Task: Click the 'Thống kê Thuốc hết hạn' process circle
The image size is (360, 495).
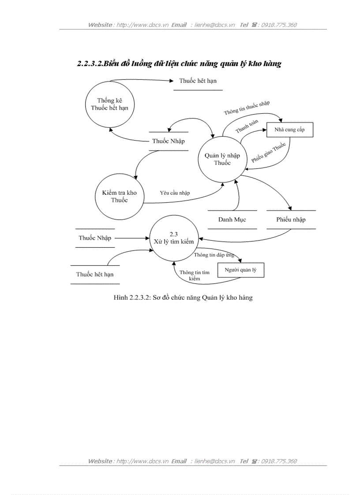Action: tap(110, 104)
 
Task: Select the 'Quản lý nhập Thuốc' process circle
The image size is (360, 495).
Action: tap(222, 159)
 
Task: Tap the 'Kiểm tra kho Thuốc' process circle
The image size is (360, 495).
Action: tap(119, 197)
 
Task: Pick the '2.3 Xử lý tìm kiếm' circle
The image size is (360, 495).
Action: tap(173, 238)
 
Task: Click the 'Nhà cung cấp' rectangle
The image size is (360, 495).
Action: tap(289, 130)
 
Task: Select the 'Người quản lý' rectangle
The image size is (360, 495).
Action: tap(240, 270)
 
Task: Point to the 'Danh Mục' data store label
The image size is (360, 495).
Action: tap(232, 220)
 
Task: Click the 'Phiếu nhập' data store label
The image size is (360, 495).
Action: tap(291, 220)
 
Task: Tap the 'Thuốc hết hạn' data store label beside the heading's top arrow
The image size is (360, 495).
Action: tap(198, 81)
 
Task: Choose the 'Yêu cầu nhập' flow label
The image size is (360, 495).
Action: tap(175, 193)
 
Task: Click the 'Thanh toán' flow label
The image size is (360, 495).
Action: tap(247, 127)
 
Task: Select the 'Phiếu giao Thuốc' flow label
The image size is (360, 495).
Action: tap(269, 153)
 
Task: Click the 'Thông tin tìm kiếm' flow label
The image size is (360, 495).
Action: tap(194, 275)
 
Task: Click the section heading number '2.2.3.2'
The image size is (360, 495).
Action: tap(89, 64)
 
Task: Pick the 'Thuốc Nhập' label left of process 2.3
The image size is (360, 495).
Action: tap(95, 238)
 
